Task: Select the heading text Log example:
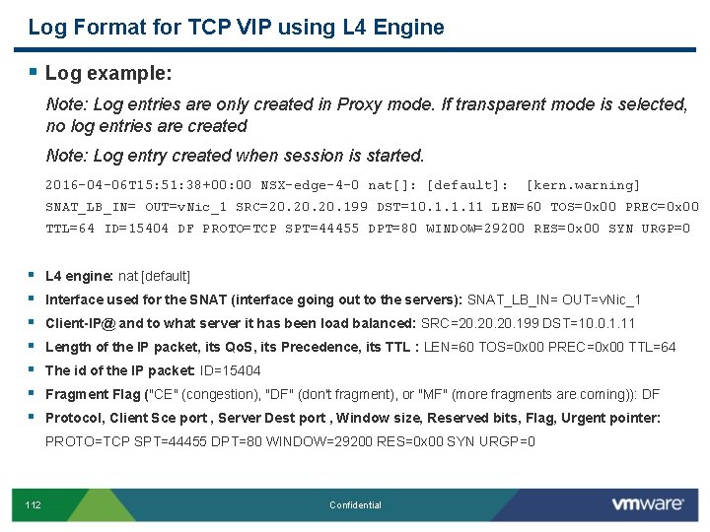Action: [x=108, y=73]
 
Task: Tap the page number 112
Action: [x=34, y=505]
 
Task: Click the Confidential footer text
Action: [x=355, y=505]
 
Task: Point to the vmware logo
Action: [x=647, y=504]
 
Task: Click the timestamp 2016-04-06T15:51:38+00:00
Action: [x=149, y=185]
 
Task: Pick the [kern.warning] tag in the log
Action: [x=584, y=185]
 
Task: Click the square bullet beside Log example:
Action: [x=33, y=72]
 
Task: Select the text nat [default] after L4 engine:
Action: [x=154, y=276]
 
